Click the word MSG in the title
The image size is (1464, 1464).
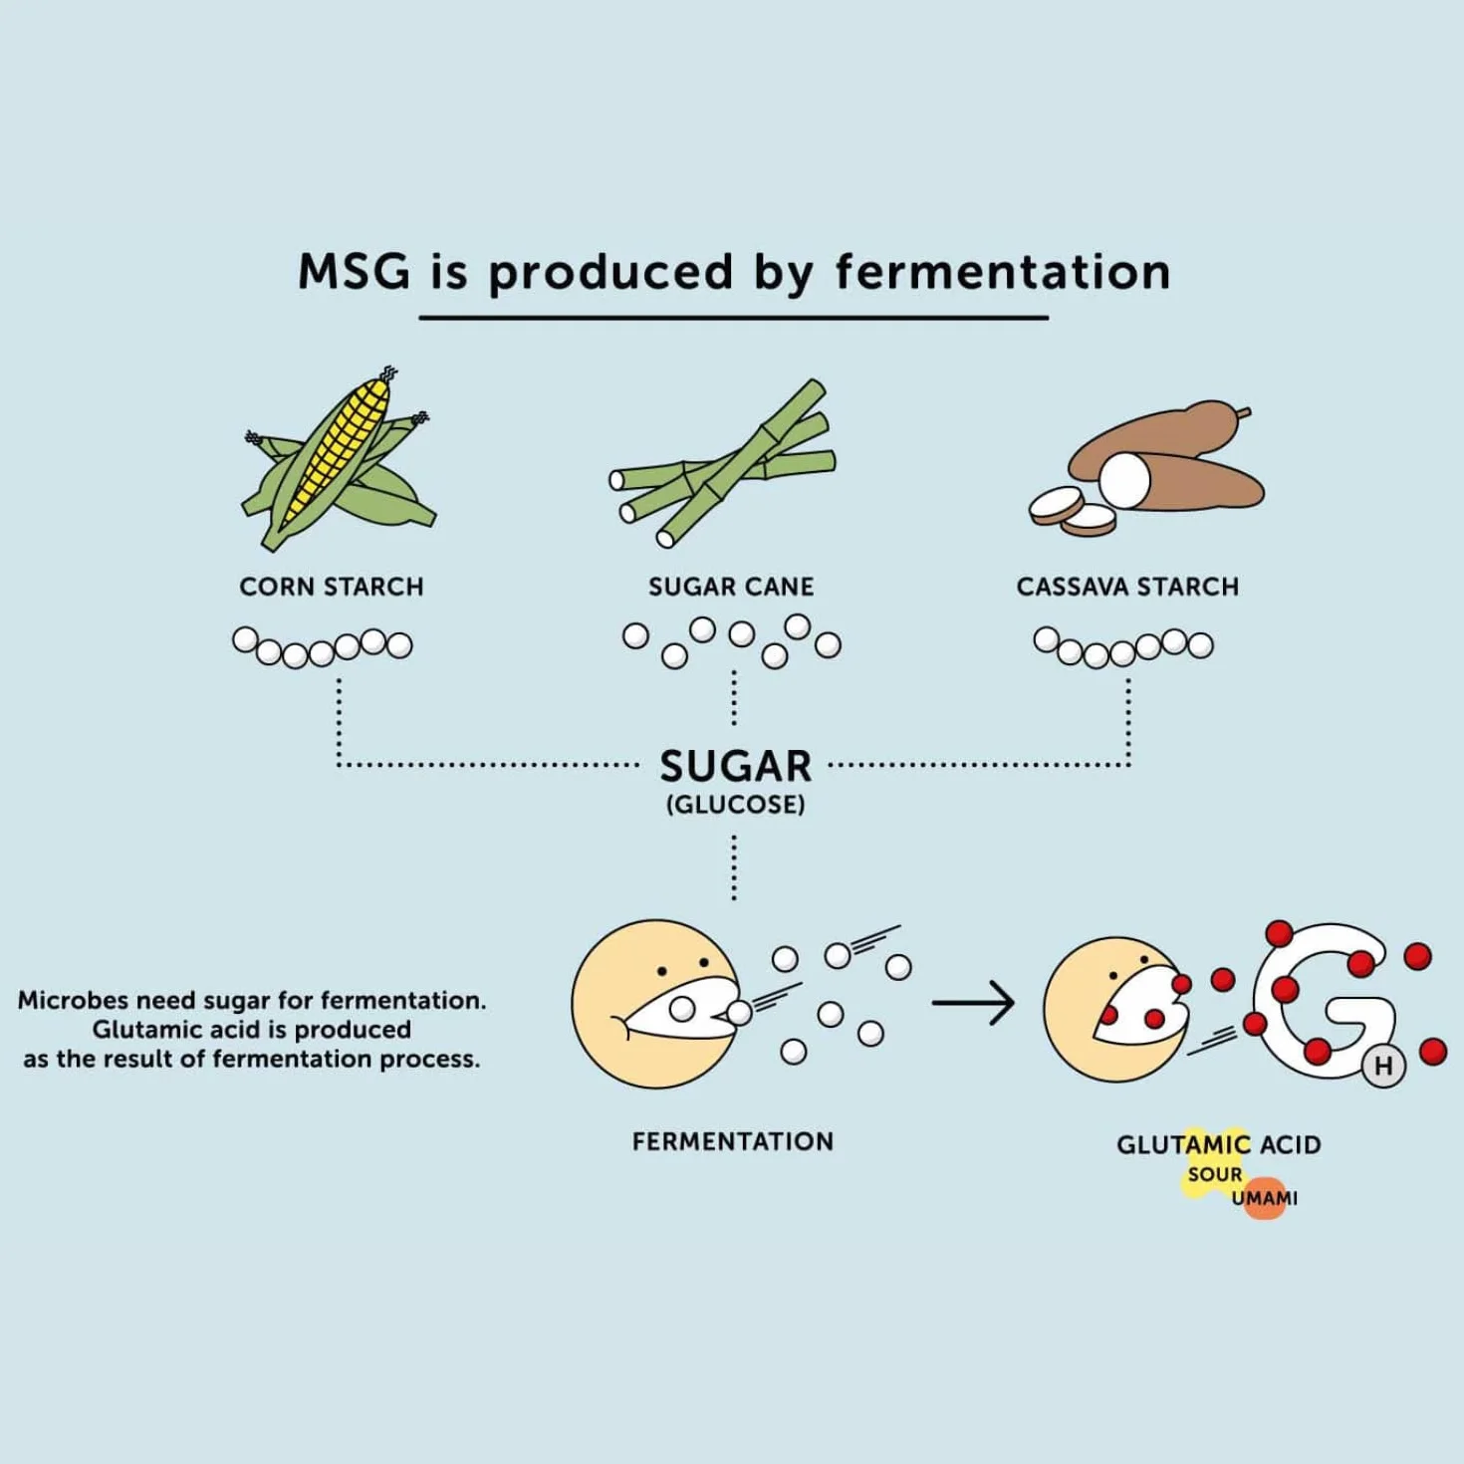354,271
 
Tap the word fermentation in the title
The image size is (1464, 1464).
1003,271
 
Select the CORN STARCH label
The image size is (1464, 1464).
332,587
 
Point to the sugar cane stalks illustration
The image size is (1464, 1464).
722,463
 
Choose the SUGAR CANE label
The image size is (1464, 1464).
731,587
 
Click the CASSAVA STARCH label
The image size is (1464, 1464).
1127,587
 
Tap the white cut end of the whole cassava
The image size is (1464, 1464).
1124,480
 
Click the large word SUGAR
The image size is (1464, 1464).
735,766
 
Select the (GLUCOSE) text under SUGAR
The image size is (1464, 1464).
735,806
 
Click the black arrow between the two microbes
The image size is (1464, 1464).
973,1003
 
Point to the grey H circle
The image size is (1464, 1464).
1383,1067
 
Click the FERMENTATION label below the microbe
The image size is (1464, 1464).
733,1142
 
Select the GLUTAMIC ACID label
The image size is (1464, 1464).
1219,1145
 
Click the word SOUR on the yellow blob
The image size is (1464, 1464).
1215,1174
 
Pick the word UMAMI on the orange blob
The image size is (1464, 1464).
1265,1199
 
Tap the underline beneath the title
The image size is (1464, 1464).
734,318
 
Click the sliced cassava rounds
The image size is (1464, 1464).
1073,511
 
